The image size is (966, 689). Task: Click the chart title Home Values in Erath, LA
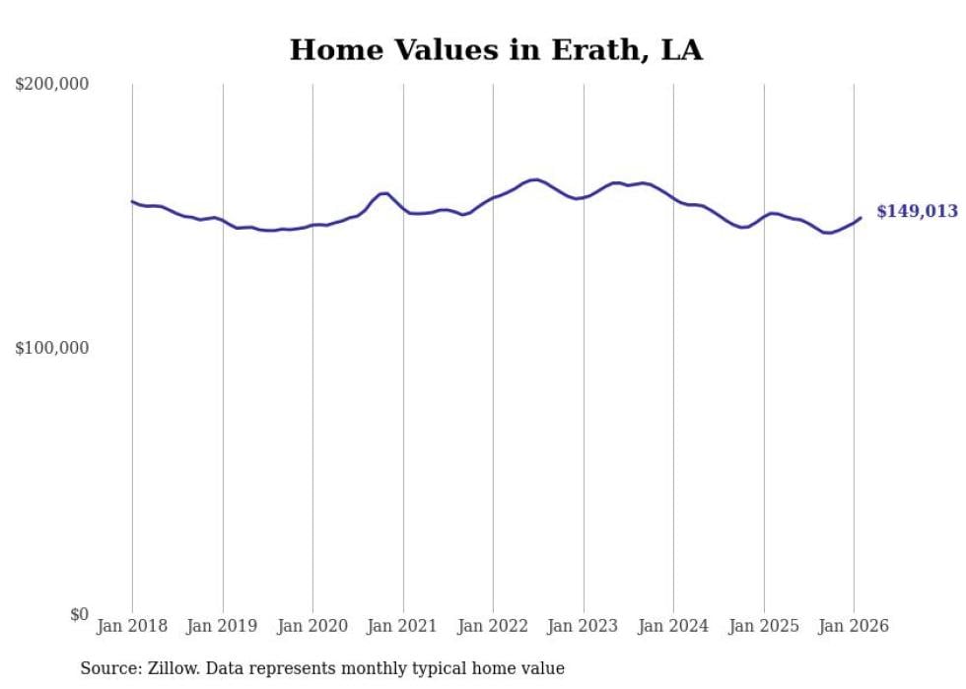[496, 50]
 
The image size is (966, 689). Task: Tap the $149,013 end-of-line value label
[917, 212]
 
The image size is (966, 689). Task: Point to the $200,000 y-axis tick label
[52, 85]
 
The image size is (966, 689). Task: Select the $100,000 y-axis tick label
[52, 349]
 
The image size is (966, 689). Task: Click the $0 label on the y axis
[78, 614]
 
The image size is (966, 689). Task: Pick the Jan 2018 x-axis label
[132, 626]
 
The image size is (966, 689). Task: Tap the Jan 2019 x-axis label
[223, 626]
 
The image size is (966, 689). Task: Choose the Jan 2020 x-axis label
[312, 626]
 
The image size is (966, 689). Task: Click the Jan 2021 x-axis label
[402, 626]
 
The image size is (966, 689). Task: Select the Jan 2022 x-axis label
[493, 626]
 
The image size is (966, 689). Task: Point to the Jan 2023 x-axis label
[583, 626]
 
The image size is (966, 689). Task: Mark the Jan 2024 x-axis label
[673, 626]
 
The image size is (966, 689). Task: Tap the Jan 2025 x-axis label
[764, 626]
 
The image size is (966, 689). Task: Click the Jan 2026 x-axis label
[854, 626]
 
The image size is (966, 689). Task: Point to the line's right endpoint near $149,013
[861, 218]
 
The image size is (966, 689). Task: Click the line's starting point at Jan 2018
[132, 201]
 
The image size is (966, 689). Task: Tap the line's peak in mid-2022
[535, 179]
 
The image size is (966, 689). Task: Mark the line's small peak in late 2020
[385, 193]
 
